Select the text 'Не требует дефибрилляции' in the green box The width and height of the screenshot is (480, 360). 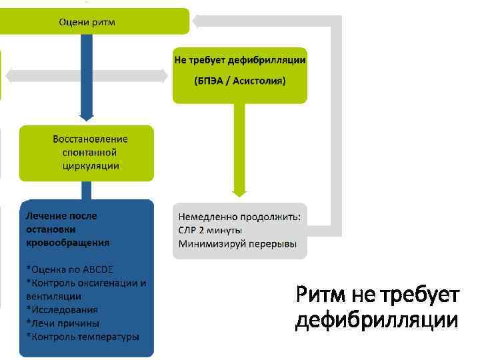240,60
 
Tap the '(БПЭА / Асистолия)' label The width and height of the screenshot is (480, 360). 240,81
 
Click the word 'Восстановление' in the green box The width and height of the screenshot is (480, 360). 90,139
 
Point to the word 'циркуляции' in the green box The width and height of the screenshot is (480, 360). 87,165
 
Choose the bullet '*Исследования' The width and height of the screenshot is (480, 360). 62,309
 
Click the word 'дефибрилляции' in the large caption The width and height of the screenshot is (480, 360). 377,321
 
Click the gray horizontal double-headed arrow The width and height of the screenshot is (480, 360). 87,76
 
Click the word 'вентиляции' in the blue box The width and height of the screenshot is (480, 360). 53,296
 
